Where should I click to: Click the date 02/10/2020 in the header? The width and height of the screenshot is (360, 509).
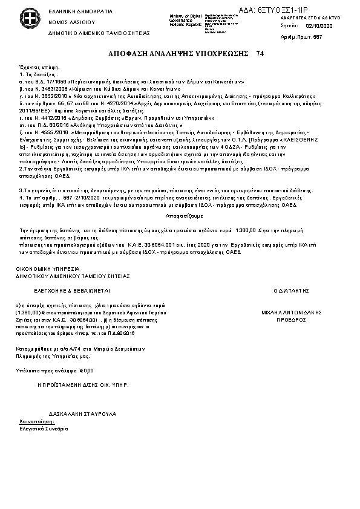pyautogui.click(x=320, y=27)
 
